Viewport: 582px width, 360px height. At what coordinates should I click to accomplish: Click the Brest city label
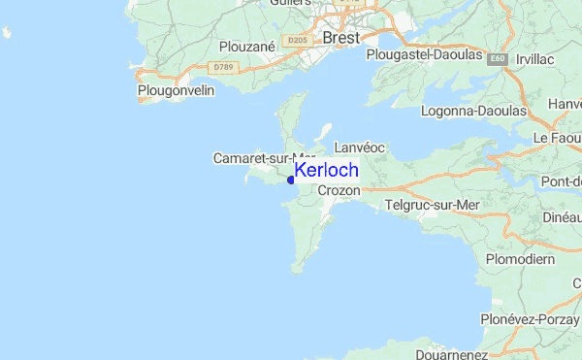[x=339, y=38]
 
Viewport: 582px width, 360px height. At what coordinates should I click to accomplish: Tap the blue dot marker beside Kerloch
[x=290, y=180]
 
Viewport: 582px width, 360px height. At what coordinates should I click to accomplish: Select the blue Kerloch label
[x=326, y=170]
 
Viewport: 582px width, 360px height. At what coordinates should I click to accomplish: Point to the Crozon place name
[x=339, y=191]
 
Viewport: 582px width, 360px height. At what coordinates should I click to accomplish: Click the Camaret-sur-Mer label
[x=263, y=158]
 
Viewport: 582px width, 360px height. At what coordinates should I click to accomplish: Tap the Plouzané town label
[x=248, y=46]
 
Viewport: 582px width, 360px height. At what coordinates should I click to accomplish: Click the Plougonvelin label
[x=176, y=90]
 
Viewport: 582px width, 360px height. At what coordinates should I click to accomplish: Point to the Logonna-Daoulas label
[x=473, y=111]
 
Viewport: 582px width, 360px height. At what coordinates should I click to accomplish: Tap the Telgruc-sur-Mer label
[x=433, y=205]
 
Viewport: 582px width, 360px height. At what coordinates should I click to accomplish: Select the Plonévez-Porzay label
[x=530, y=319]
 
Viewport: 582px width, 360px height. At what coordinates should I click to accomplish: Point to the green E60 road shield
[x=498, y=59]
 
